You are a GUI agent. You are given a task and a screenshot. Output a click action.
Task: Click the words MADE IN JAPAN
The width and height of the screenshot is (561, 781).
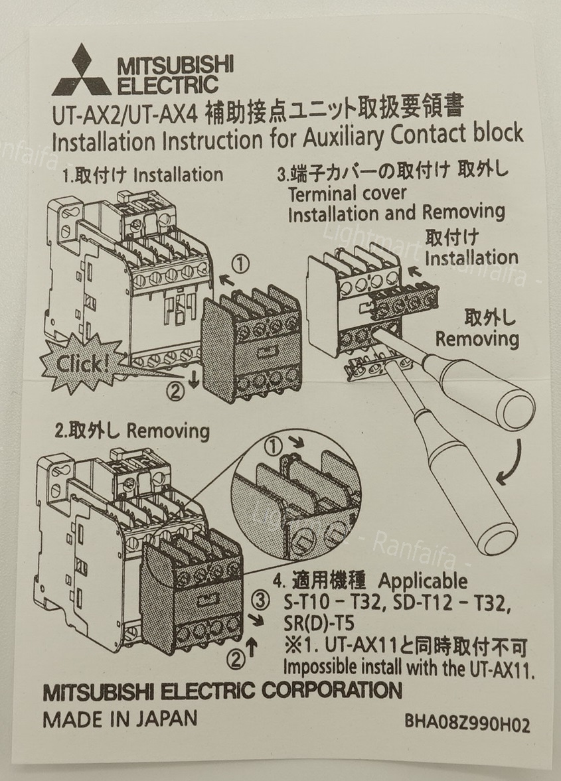(x=120, y=719)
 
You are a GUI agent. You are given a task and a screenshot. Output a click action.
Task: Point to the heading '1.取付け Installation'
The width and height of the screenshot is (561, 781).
(x=143, y=175)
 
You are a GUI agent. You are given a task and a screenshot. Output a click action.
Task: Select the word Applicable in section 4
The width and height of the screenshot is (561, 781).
(x=423, y=581)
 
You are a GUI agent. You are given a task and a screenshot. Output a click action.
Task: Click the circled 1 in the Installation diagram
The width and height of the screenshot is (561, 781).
(x=242, y=265)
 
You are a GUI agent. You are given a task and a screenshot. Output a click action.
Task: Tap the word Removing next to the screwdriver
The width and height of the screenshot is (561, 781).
(x=477, y=339)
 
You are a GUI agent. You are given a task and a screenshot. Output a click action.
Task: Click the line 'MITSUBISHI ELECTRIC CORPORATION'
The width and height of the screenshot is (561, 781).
(x=222, y=691)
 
